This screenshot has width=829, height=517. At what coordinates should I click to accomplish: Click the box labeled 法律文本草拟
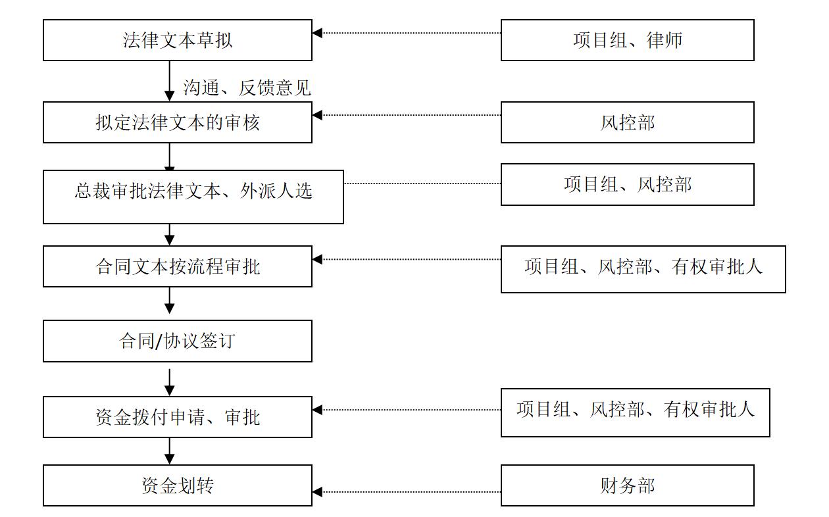[x=178, y=40]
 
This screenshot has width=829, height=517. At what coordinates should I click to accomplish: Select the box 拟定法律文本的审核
[x=178, y=122]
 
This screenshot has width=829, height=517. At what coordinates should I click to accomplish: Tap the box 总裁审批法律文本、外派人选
[x=193, y=197]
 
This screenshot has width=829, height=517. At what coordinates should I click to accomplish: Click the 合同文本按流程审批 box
[x=178, y=266]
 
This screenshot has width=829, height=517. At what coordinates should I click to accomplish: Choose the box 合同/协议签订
[x=178, y=341]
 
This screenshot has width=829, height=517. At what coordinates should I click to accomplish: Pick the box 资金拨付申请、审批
[x=178, y=417]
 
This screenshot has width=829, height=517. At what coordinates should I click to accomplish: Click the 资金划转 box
[x=178, y=485]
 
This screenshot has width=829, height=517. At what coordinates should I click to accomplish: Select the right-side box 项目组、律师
[x=627, y=40]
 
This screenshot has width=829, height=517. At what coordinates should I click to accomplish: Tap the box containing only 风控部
[x=627, y=122]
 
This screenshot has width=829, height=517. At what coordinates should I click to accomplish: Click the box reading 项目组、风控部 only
[x=627, y=184]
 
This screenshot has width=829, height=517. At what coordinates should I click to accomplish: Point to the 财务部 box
[x=627, y=485]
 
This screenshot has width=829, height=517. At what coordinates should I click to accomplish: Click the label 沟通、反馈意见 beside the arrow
[x=247, y=87]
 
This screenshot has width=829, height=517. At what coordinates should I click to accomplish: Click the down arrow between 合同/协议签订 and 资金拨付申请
[x=170, y=382]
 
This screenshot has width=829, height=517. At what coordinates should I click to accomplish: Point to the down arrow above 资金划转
[x=170, y=451]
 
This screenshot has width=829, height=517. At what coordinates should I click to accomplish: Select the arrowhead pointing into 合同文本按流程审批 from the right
[x=317, y=259]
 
